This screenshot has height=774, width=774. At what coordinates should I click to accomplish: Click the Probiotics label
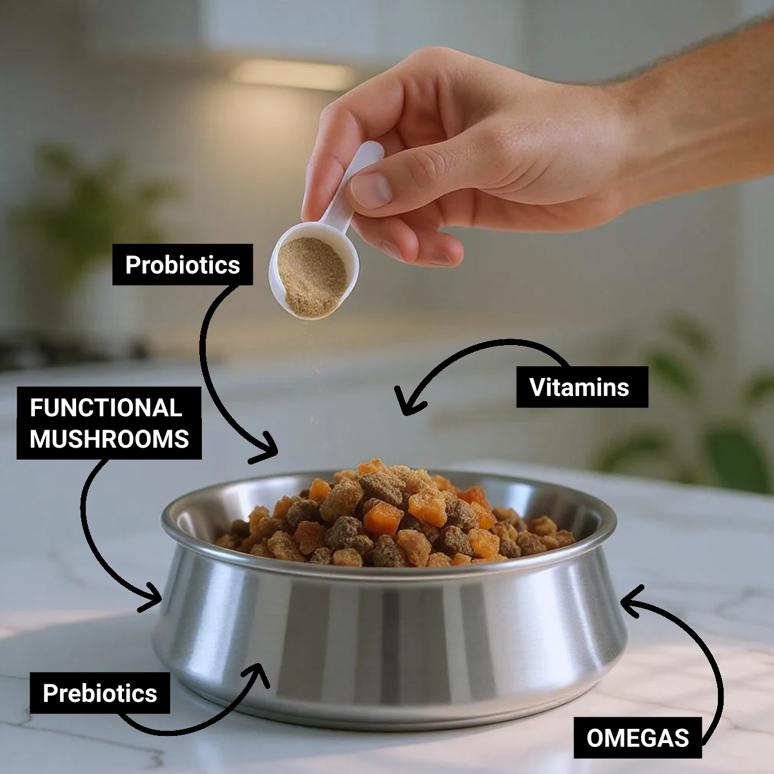pos(183,264)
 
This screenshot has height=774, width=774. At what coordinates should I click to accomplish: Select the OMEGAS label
pos(637,737)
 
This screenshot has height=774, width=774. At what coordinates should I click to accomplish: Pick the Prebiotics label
pos(100,693)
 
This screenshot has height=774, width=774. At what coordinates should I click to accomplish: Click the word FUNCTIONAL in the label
pos(106,408)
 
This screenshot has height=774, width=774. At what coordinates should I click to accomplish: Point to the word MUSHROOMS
pos(109,439)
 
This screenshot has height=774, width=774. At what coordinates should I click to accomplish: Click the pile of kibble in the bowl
pos(393,516)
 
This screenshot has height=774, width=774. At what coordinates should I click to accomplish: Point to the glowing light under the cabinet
pos(293,74)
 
